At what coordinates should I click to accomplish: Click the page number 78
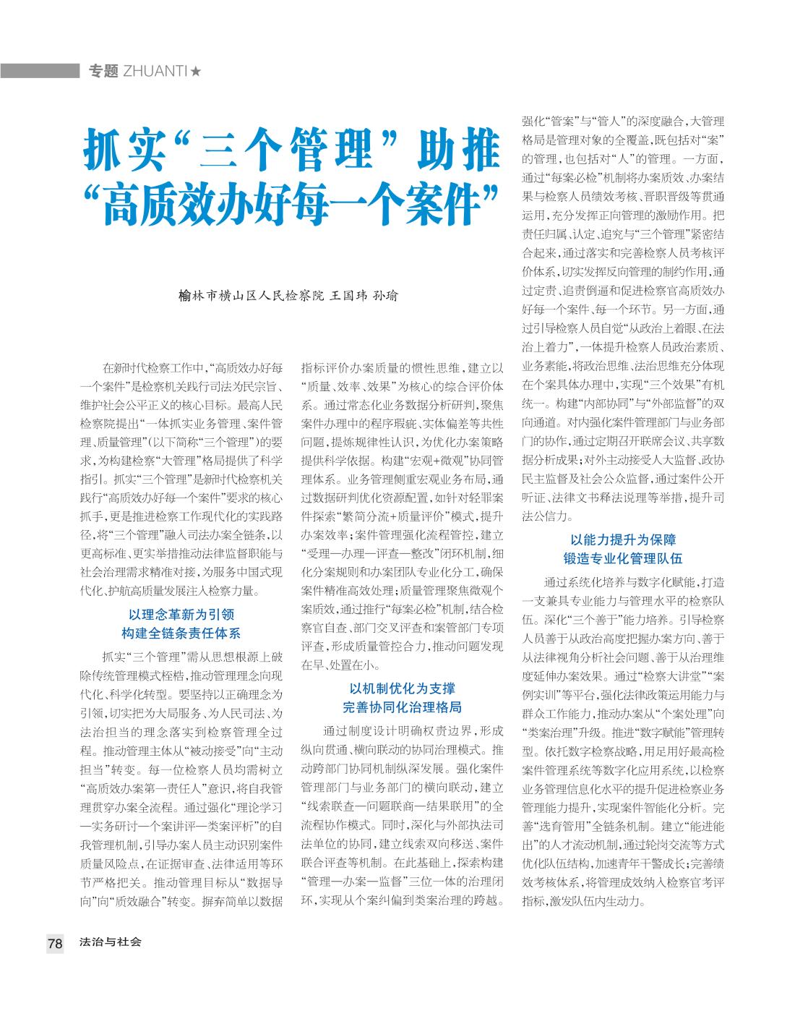pyautogui.click(x=55, y=943)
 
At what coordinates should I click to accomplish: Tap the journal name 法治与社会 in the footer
pyautogui.click(x=111, y=942)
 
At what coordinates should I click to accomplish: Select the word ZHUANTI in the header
pyautogui.click(x=155, y=71)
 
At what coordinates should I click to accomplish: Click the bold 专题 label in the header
pyautogui.click(x=103, y=71)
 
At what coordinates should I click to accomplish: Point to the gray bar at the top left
pyautogui.click(x=40, y=71)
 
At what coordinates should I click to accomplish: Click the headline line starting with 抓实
pyautogui.click(x=292, y=150)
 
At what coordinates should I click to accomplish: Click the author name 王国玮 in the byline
pyautogui.click(x=348, y=296)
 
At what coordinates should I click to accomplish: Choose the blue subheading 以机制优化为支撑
pyautogui.click(x=402, y=688)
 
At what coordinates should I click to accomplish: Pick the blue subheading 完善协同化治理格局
pyautogui.click(x=402, y=707)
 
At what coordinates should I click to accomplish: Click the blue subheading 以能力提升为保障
pyautogui.click(x=623, y=539)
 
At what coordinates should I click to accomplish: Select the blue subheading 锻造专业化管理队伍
pyautogui.click(x=623, y=558)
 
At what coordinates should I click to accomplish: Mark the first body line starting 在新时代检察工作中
pyautogui.click(x=192, y=367)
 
